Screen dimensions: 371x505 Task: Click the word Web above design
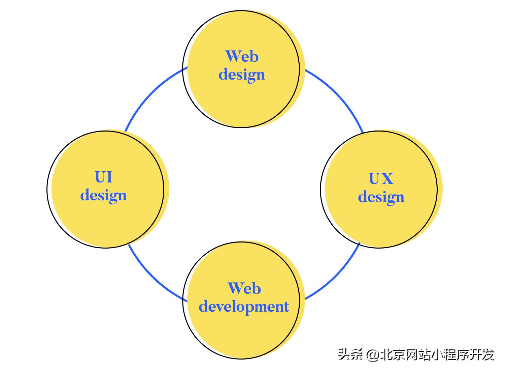point(242,56)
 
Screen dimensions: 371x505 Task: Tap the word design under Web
point(242,75)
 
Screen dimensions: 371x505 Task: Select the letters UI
point(103,177)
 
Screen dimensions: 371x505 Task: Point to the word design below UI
point(103,195)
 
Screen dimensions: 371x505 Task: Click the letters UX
point(381,179)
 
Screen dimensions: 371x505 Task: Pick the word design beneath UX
point(381,197)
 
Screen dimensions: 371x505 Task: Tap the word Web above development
point(244,288)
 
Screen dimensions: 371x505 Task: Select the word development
point(244,307)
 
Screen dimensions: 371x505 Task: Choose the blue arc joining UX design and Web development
point(337,278)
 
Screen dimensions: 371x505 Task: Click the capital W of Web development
point(234,288)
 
